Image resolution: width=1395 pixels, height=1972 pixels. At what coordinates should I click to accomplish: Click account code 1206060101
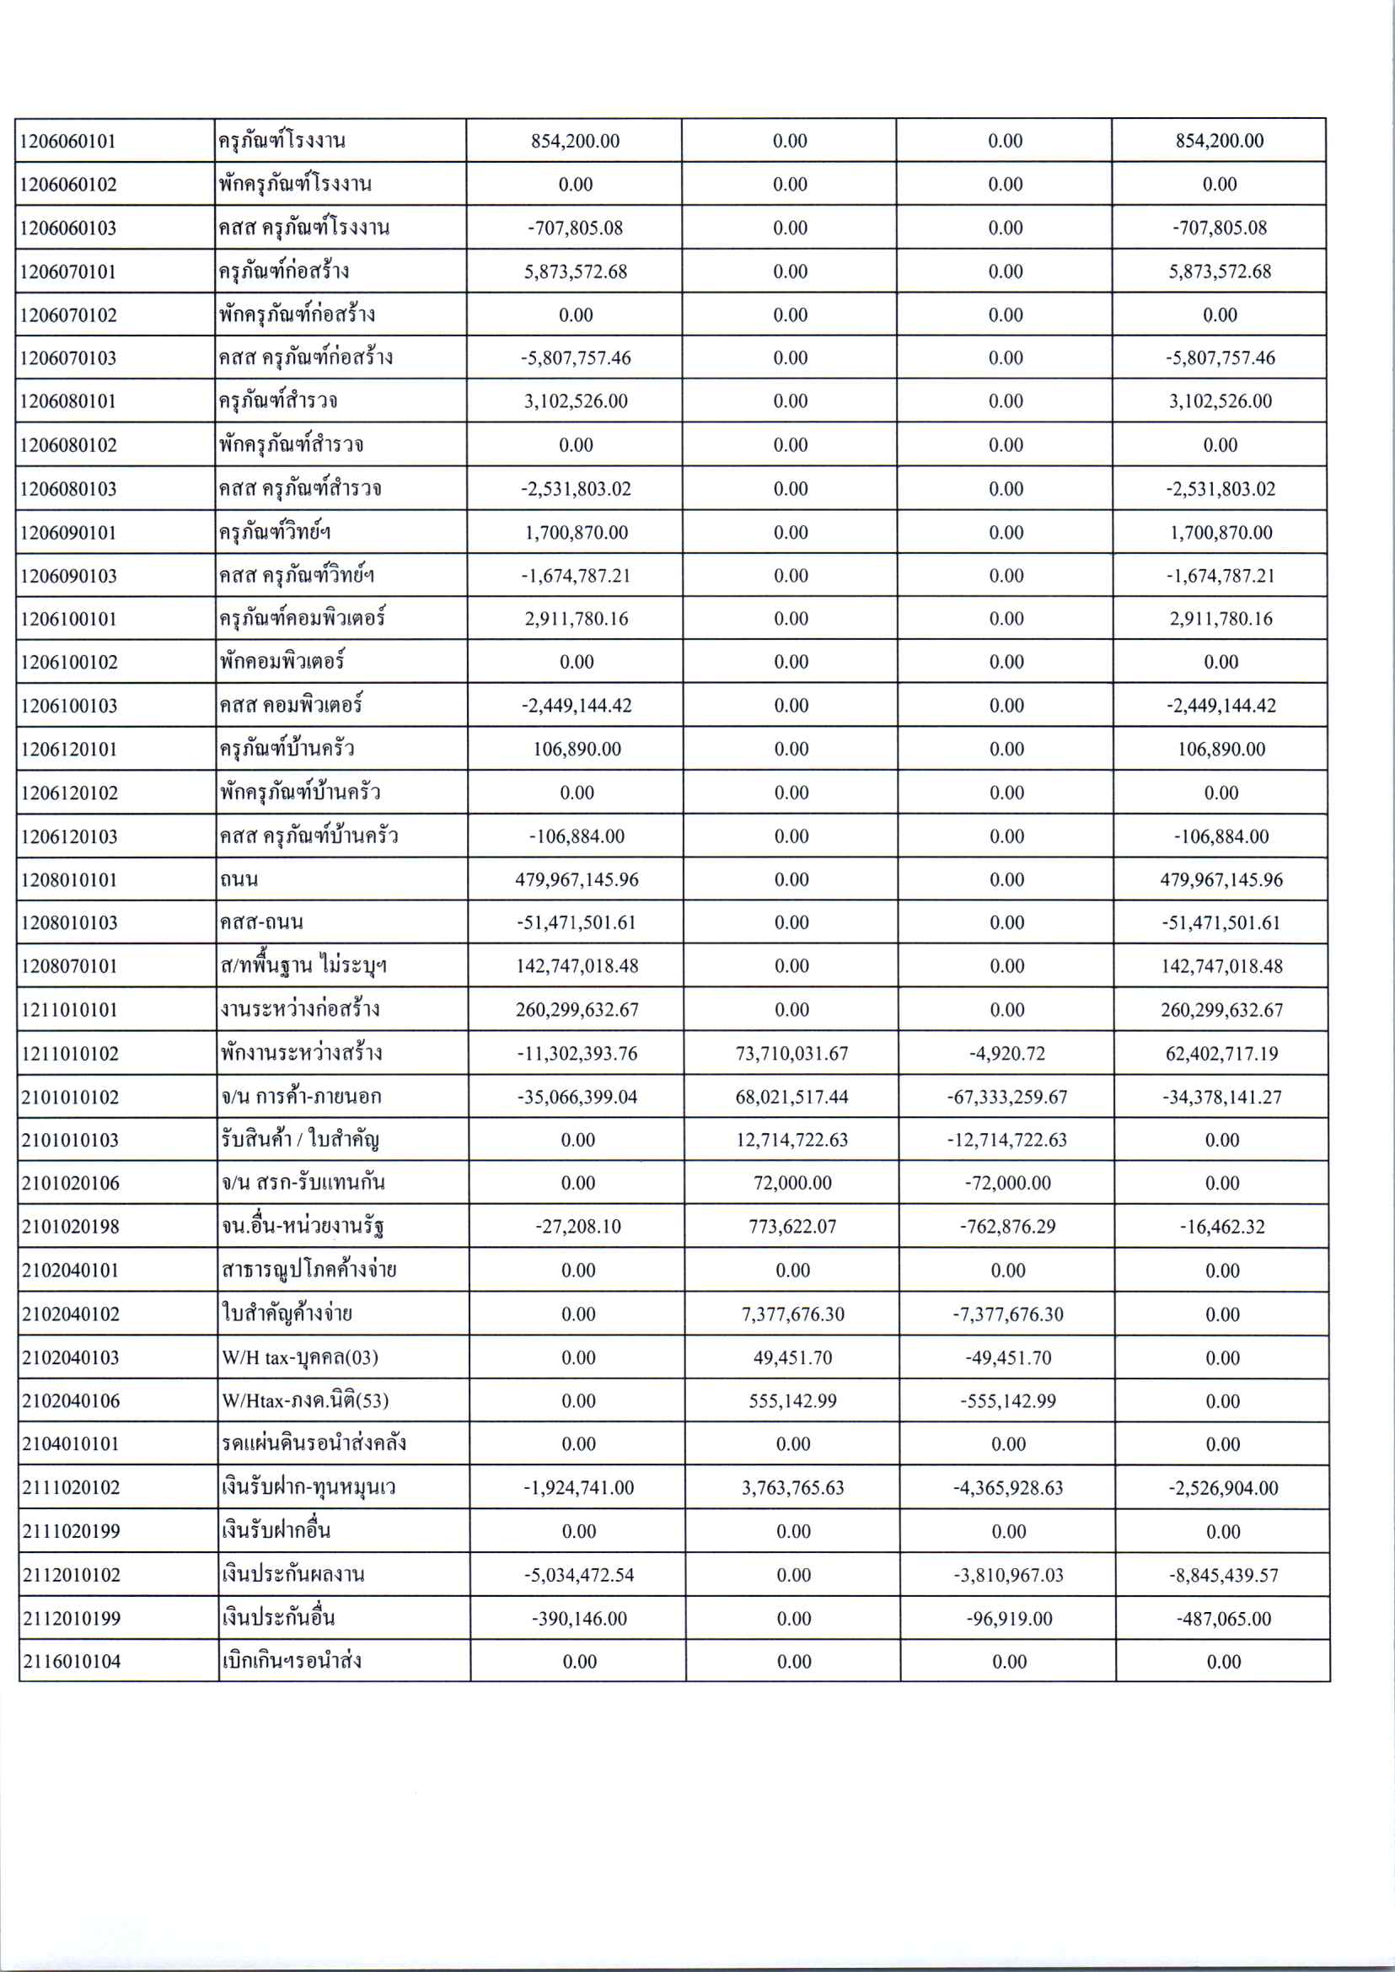tap(68, 141)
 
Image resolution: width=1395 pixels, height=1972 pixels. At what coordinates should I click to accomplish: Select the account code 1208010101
tap(70, 880)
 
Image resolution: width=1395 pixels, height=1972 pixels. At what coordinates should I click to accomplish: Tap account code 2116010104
tap(72, 1661)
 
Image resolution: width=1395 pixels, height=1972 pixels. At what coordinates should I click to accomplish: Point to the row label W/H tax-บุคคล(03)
tap(300, 1357)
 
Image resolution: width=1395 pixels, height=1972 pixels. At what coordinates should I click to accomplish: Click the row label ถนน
tap(239, 879)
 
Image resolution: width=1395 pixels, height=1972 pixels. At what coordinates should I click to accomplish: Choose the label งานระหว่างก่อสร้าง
tap(300, 1009)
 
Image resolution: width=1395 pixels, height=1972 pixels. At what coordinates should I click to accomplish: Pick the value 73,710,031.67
tap(791, 1054)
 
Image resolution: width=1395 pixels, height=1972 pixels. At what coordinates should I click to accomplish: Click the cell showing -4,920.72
tap(1006, 1054)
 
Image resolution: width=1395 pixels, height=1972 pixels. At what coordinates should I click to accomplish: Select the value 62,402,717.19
tap(1221, 1054)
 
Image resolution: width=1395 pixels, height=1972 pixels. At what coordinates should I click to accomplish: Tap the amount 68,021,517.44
tap(792, 1097)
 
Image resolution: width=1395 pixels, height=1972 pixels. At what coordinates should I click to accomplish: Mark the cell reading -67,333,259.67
tap(1006, 1097)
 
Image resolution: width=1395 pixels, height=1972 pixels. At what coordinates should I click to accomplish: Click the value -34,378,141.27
tap(1221, 1097)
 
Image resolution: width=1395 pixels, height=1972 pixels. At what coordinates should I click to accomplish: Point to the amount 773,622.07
tap(792, 1226)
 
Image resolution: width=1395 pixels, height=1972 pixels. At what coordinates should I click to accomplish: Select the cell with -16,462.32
tap(1221, 1226)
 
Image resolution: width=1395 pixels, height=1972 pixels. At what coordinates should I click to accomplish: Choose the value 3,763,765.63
tap(793, 1487)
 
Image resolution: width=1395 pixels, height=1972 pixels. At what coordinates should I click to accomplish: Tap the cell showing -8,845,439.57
tap(1222, 1575)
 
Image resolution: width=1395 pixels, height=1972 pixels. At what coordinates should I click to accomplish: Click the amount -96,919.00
tap(1008, 1619)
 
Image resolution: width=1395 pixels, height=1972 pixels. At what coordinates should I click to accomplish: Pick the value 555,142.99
tap(793, 1400)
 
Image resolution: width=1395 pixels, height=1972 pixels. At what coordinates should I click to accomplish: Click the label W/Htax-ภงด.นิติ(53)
tap(305, 1400)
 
